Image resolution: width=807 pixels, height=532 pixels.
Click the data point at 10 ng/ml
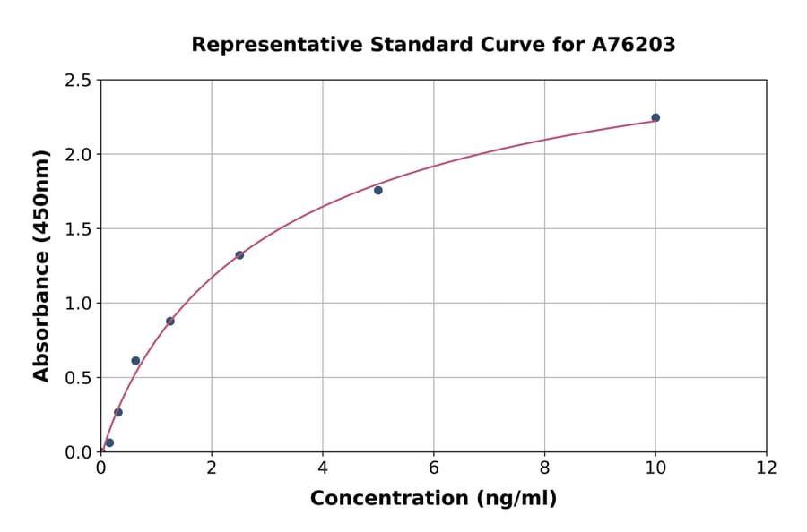coord(655,117)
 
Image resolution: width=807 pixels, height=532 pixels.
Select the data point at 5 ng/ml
coord(378,190)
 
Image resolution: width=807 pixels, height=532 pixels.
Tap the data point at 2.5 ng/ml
coord(239,255)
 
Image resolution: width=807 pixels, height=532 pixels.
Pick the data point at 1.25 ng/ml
coord(170,321)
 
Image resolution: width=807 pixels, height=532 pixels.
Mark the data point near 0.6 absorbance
coord(135,361)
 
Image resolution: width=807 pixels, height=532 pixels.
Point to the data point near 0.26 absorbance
coord(118,412)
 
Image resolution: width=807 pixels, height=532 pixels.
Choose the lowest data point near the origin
coord(109,442)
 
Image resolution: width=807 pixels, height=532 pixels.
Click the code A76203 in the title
coord(635,45)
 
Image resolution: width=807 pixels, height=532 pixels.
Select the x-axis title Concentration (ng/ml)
coord(433,499)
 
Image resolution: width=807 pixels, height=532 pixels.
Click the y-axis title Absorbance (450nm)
coord(41,265)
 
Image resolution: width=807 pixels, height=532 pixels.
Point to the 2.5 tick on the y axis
coord(78,81)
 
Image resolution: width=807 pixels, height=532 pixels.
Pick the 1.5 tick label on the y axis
coord(78,229)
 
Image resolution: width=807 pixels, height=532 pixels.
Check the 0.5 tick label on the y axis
coord(78,378)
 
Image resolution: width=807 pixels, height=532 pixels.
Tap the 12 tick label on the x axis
coord(767,468)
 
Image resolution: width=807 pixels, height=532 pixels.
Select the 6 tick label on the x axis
coord(434,468)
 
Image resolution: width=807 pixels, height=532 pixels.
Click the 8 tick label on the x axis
coord(545,468)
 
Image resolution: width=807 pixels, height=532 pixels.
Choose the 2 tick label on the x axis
coord(212,468)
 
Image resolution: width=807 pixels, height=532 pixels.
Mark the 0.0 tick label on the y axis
coord(78,452)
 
